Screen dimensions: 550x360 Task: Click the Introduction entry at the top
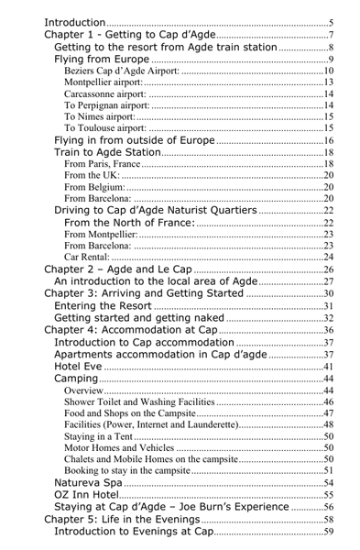pyautogui.click(x=72, y=22)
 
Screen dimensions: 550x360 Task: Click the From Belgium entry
pyautogui.click(x=97, y=191)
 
